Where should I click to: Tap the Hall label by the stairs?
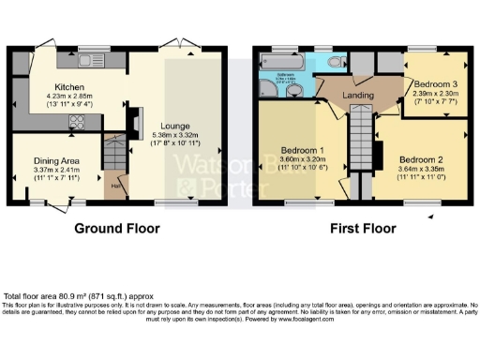(113, 186)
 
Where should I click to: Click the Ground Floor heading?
(117, 228)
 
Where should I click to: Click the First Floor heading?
(360, 228)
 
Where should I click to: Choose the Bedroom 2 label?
(420, 158)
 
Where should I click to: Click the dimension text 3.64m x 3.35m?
(420, 170)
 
